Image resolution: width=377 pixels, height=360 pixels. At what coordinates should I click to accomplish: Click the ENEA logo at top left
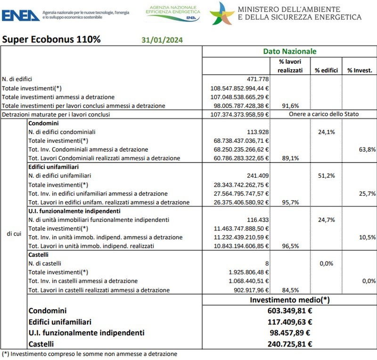point(21,15)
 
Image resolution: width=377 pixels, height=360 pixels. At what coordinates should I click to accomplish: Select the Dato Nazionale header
point(289,51)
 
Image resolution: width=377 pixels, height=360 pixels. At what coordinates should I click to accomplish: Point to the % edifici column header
point(327,70)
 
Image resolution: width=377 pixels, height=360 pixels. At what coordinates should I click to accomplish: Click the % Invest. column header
point(360,70)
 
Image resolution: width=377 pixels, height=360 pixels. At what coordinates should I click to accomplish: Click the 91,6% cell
point(290,106)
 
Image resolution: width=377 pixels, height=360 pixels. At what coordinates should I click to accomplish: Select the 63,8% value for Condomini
point(367,149)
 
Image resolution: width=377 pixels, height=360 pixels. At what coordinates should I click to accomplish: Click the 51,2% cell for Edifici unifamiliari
point(326,176)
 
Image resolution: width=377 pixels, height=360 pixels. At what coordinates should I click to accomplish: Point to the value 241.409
point(258,176)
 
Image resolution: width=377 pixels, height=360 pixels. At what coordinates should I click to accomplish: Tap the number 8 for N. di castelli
point(267,263)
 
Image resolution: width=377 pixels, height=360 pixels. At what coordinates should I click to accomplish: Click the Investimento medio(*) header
point(289,300)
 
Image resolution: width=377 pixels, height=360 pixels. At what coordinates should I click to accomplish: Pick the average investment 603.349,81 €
point(289,311)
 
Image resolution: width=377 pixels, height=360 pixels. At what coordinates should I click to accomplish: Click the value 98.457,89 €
point(289,333)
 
